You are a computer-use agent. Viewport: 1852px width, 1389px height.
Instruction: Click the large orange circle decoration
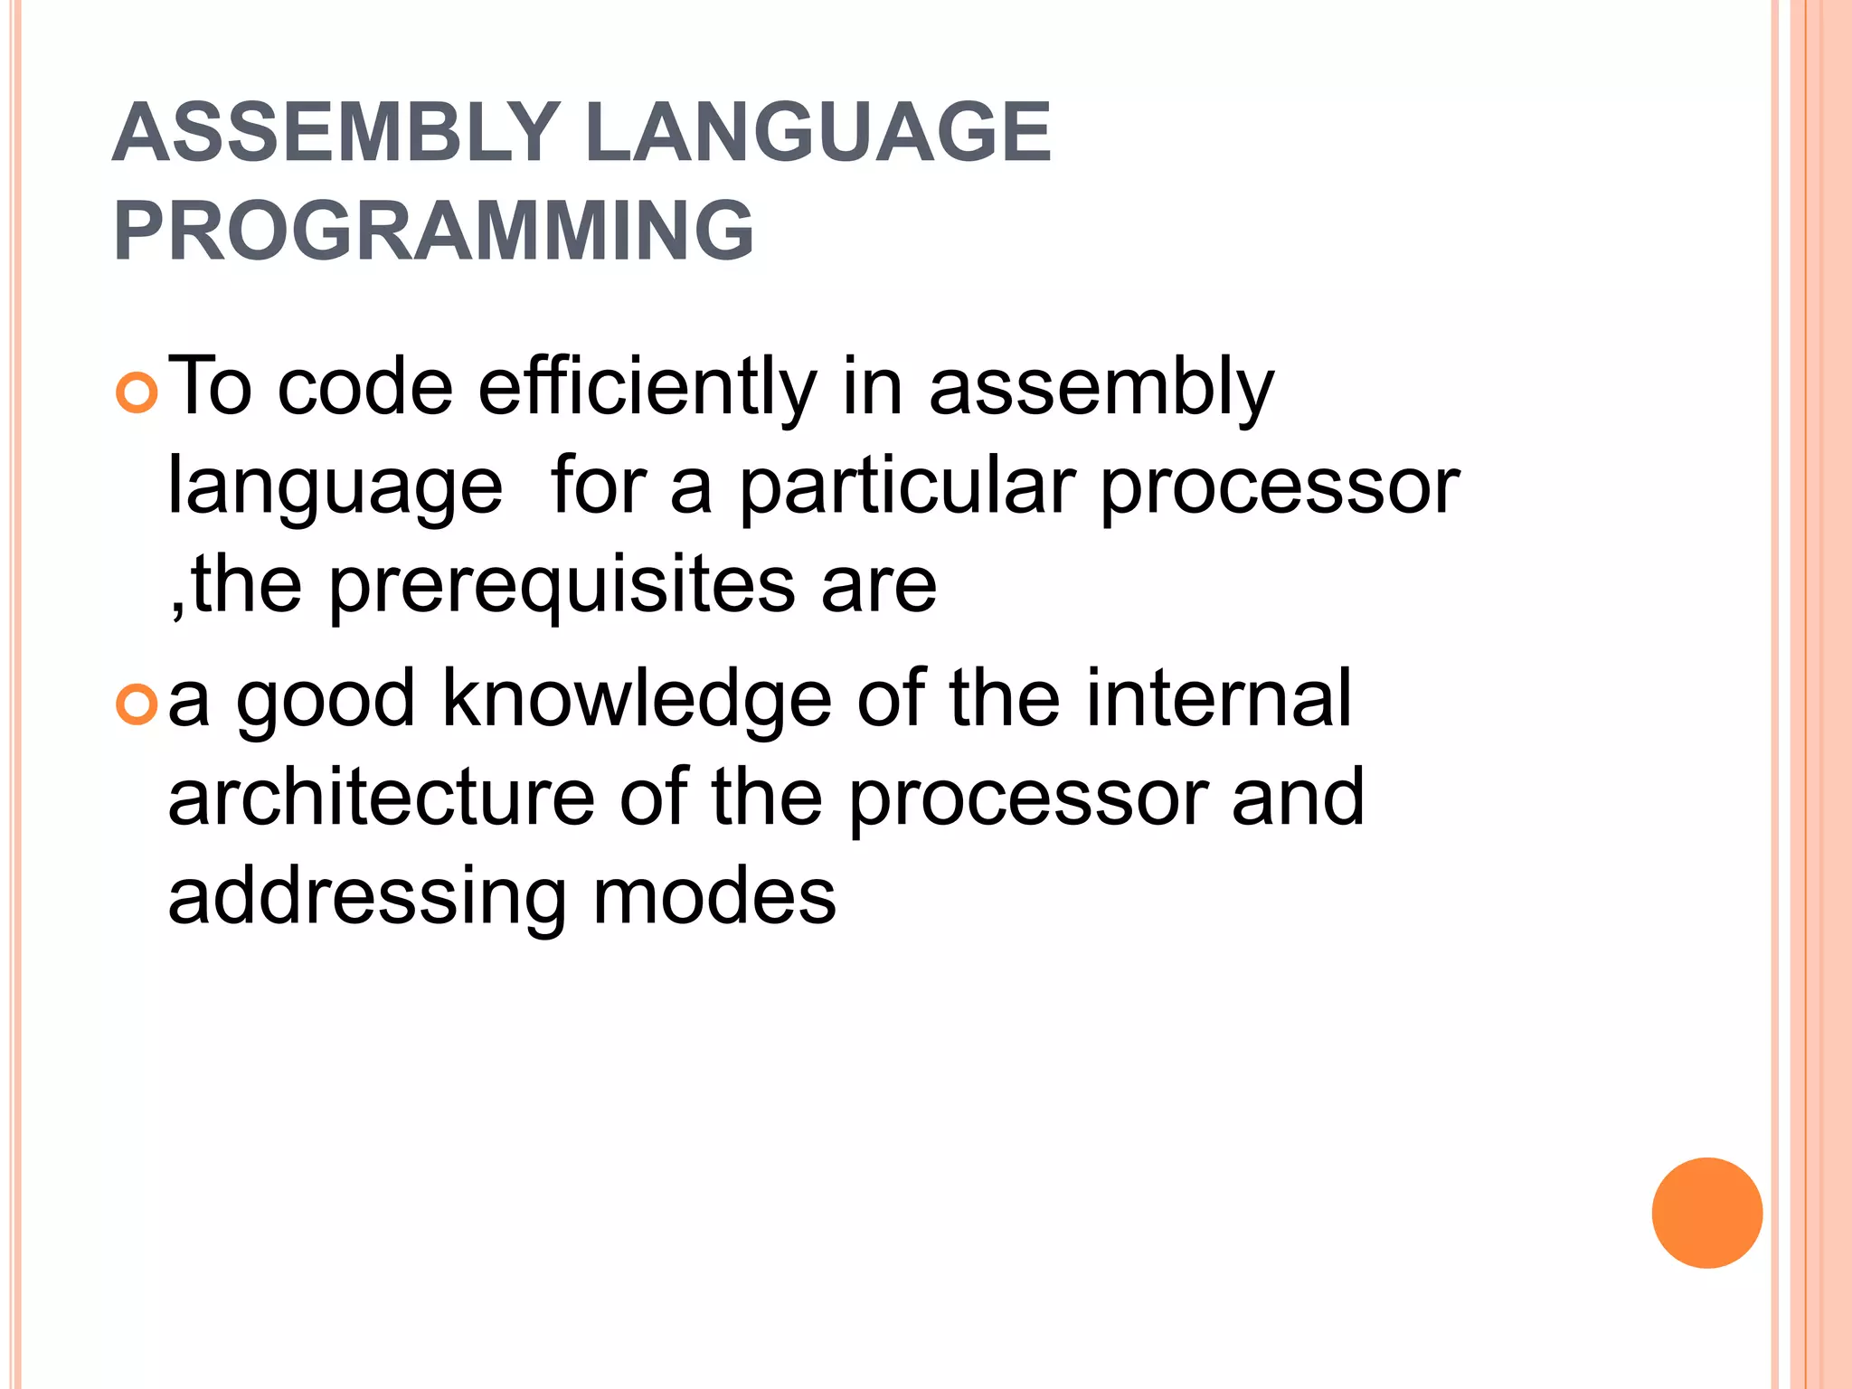1706,1213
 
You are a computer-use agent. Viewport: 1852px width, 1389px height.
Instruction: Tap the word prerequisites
561,586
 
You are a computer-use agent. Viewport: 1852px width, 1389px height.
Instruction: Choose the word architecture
381,798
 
